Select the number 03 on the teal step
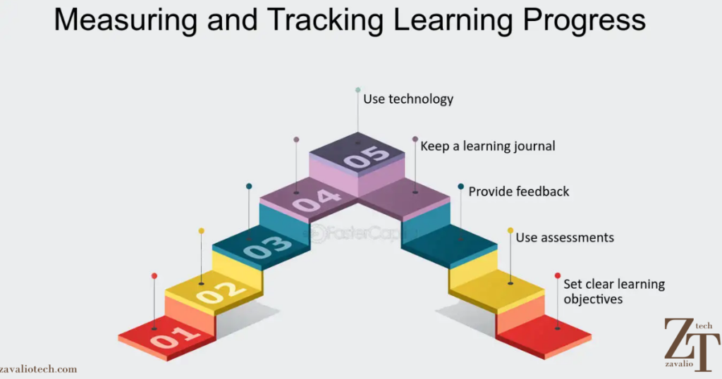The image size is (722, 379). click(267, 244)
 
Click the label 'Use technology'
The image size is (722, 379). click(408, 99)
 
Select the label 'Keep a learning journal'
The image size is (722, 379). click(488, 147)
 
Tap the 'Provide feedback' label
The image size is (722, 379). click(519, 192)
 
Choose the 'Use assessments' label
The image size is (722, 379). click(565, 237)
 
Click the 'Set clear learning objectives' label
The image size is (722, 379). click(613, 292)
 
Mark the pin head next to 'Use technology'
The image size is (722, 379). click(358, 90)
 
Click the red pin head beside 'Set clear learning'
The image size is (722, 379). click(558, 275)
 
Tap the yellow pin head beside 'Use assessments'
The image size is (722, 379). click(510, 230)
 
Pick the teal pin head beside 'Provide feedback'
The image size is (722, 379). click(460, 187)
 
